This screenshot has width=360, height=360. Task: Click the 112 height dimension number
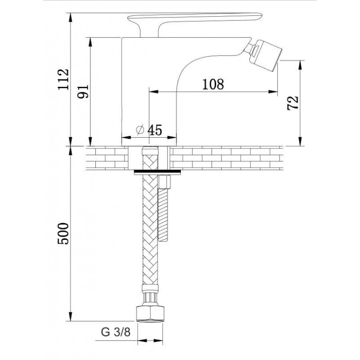click(x=63, y=79)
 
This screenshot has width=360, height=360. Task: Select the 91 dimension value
click(x=83, y=91)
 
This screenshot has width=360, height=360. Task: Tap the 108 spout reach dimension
click(x=213, y=84)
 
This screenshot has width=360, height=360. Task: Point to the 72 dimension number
click(x=293, y=103)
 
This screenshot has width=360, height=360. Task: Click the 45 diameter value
click(x=154, y=130)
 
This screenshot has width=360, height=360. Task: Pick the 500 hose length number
click(x=63, y=234)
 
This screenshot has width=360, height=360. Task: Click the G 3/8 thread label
click(x=116, y=332)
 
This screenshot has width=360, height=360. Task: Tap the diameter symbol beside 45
click(x=140, y=130)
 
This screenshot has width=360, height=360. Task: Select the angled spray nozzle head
click(x=266, y=54)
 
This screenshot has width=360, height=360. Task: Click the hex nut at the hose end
click(x=150, y=313)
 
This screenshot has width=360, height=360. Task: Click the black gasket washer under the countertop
click(x=157, y=171)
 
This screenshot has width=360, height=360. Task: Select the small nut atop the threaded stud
click(x=164, y=182)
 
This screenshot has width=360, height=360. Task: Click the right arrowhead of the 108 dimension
click(x=273, y=92)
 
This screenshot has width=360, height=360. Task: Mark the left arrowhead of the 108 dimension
click(x=153, y=92)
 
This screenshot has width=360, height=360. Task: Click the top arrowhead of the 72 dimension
click(x=300, y=65)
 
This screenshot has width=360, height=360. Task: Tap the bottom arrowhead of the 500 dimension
click(x=71, y=317)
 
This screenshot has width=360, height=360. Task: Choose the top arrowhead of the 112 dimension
click(x=71, y=18)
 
